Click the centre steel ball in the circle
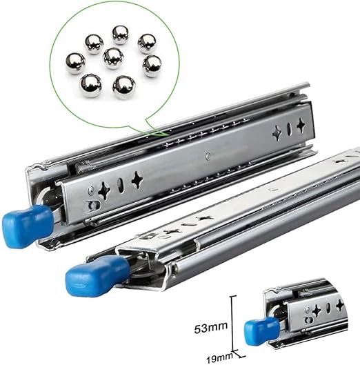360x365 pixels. click(x=113, y=57)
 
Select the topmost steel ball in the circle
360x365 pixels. click(x=121, y=34)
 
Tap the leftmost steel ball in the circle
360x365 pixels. click(x=74, y=63)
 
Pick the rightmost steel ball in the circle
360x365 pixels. click(x=152, y=66)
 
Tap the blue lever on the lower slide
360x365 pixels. click(x=89, y=277)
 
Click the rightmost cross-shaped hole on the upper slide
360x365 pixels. click(x=301, y=126)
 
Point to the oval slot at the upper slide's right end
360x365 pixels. click(x=288, y=130)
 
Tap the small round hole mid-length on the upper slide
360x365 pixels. click(x=207, y=156)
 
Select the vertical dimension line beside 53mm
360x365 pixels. click(x=233, y=324)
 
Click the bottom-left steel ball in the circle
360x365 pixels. click(x=90, y=85)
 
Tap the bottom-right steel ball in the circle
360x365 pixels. click(x=124, y=86)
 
